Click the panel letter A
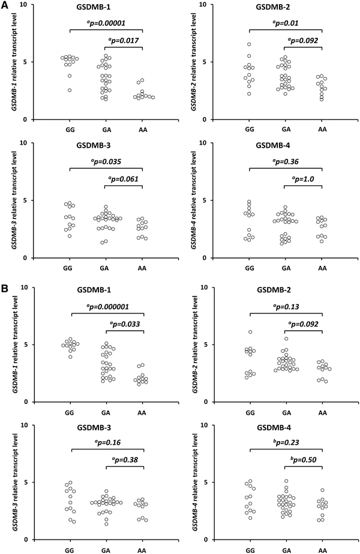pyautogui.click(x=5, y=7)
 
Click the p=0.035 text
pyautogui.click(x=106, y=161)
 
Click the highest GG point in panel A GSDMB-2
pyautogui.click(x=249, y=44)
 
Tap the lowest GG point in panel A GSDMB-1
pyautogui.click(x=70, y=90)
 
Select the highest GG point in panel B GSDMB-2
pyautogui.click(x=249, y=332)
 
